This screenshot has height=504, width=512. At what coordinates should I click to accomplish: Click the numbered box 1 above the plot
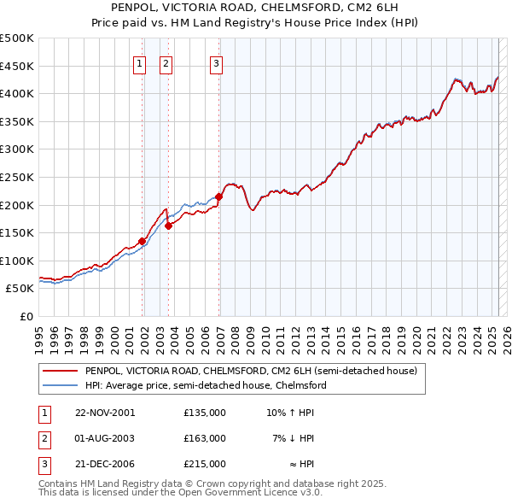coord(139,62)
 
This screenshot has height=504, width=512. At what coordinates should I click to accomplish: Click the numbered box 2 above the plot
coord(166,62)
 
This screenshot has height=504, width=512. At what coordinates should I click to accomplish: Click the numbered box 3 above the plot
coord(216,62)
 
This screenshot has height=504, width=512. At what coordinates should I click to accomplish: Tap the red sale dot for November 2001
coord(143,241)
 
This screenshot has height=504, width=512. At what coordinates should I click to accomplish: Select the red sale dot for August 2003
coord(169,226)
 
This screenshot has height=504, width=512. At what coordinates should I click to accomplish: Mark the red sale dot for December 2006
coord(219,196)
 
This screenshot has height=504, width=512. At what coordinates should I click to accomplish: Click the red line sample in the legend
coord(59,372)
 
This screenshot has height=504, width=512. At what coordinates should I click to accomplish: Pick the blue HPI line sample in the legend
coord(59,385)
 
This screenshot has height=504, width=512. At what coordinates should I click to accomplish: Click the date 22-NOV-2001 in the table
coord(105,413)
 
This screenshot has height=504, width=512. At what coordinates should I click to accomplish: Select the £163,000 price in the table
coord(205,438)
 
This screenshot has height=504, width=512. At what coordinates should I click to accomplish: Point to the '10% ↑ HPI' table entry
coord(291,413)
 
